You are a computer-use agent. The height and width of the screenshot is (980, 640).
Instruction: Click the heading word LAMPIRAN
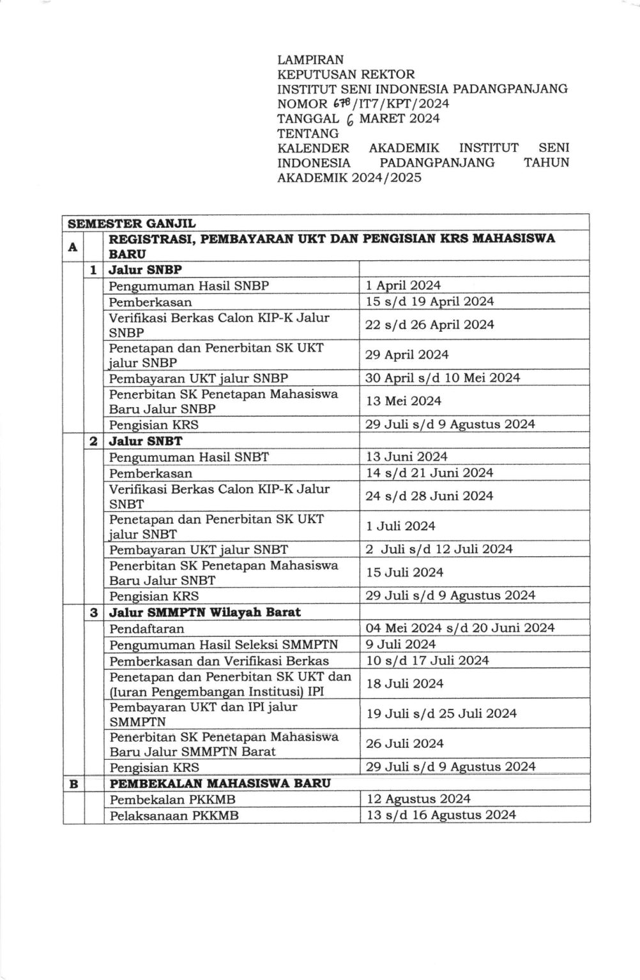tap(310, 60)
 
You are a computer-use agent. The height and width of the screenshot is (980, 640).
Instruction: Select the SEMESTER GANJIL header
tap(132, 223)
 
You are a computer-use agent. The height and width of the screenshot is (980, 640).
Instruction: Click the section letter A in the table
tap(73, 246)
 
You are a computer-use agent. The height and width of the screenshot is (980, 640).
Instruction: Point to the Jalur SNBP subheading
tap(145, 270)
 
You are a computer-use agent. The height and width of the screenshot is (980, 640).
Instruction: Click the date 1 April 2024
tap(402, 286)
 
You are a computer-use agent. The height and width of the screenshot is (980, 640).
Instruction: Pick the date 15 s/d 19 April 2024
tap(429, 302)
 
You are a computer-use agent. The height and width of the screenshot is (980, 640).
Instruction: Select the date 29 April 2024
tap(407, 355)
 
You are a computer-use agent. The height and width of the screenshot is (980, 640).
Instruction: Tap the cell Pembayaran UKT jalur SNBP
tap(198, 378)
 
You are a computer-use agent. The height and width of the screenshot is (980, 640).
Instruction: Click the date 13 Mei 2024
tap(403, 401)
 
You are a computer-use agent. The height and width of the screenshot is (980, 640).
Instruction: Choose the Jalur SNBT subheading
tap(146, 441)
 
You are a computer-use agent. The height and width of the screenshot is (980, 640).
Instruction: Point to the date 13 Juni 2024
tap(406, 457)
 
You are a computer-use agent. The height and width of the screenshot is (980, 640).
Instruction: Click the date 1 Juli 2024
tap(400, 526)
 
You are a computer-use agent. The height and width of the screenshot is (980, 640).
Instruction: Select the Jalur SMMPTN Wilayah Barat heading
tap(204, 612)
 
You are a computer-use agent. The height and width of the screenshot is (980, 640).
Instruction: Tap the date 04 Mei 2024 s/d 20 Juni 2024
tap(460, 628)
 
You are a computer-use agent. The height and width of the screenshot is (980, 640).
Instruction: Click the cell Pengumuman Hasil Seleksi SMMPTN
tap(224, 644)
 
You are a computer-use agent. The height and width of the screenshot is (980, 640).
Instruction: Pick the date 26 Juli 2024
tap(404, 744)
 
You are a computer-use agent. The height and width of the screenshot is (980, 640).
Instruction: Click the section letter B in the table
tap(73, 783)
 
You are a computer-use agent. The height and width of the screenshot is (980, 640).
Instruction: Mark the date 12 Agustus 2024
tap(418, 799)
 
